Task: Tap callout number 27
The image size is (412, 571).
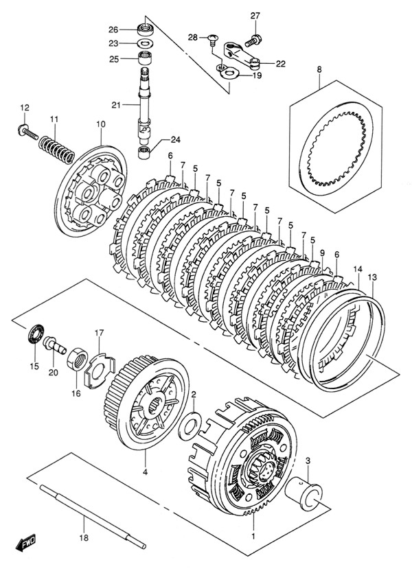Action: click(255, 16)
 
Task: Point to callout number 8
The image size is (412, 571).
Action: click(319, 69)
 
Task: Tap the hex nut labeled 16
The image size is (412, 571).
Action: click(77, 359)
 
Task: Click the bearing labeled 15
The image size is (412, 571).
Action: click(36, 334)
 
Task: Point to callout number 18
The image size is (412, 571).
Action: click(84, 538)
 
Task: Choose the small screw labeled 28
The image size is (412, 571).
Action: click(213, 38)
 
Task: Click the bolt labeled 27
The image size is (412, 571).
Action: click(253, 40)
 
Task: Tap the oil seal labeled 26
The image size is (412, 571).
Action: click(146, 29)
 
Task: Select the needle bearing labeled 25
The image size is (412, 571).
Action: click(146, 58)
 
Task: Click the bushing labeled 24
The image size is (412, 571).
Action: click(146, 152)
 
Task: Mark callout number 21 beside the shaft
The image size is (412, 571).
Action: click(116, 105)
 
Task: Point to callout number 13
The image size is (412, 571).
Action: click(372, 277)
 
